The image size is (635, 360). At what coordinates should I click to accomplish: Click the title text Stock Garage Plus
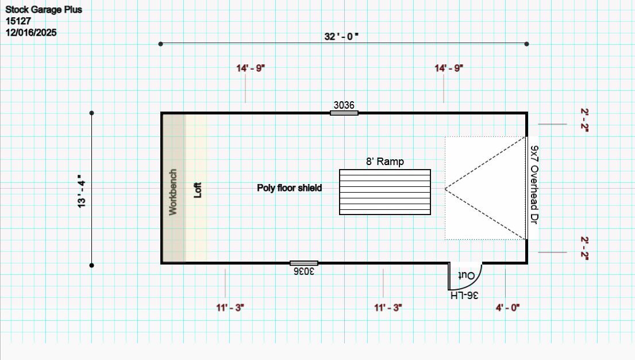click(x=44, y=10)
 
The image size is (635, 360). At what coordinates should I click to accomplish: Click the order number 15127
click(x=18, y=21)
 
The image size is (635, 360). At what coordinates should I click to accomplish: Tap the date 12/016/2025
click(x=31, y=33)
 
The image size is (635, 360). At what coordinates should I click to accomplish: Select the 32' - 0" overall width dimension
click(x=341, y=36)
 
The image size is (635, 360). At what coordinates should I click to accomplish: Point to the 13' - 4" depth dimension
click(x=82, y=192)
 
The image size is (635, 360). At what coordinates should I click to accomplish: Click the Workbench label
click(x=173, y=192)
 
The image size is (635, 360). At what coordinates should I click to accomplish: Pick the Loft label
click(x=198, y=190)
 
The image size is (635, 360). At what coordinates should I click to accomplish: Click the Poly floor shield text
click(x=290, y=188)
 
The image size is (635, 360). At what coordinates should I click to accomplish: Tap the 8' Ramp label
click(x=384, y=162)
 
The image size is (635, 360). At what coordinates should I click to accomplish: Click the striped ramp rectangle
click(x=384, y=192)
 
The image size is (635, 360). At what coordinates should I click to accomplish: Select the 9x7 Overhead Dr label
click(x=534, y=185)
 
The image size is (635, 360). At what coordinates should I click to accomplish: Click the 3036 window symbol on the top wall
click(x=344, y=113)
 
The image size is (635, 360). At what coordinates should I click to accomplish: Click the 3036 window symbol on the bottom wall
click(x=304, y=263)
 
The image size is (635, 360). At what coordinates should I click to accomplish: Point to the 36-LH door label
click(x=464, y=296)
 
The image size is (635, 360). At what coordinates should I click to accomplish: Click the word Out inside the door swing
click(x=466, y=275)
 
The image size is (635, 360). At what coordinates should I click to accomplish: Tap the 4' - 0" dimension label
click(x=507, y=308)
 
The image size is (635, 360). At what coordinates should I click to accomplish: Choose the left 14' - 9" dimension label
click(x=251, y=68)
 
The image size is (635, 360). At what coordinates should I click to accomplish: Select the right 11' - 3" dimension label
click(x=388, y=308)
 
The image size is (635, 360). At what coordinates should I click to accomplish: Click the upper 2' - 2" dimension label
click(x=584, y=120)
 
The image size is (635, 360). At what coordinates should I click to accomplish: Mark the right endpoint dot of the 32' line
click(x=526, y=44)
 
